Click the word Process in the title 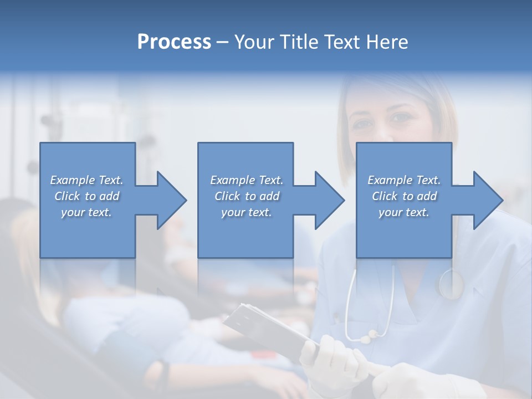[x=173, y=42]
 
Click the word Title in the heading [x=295, y=42]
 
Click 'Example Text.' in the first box [x=86, y=180]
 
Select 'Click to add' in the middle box [x=247, y=196]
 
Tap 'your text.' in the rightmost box [x=404, y=212]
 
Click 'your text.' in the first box [x=86, y=212]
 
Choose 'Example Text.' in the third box [x=404, y=180]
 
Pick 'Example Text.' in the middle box [x=247, y=180]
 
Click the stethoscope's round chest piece [x=451, y=284]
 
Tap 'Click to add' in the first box [x=86, y=196]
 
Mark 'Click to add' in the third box [x=404, y=196]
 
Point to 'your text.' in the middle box [x=247, y=212]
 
